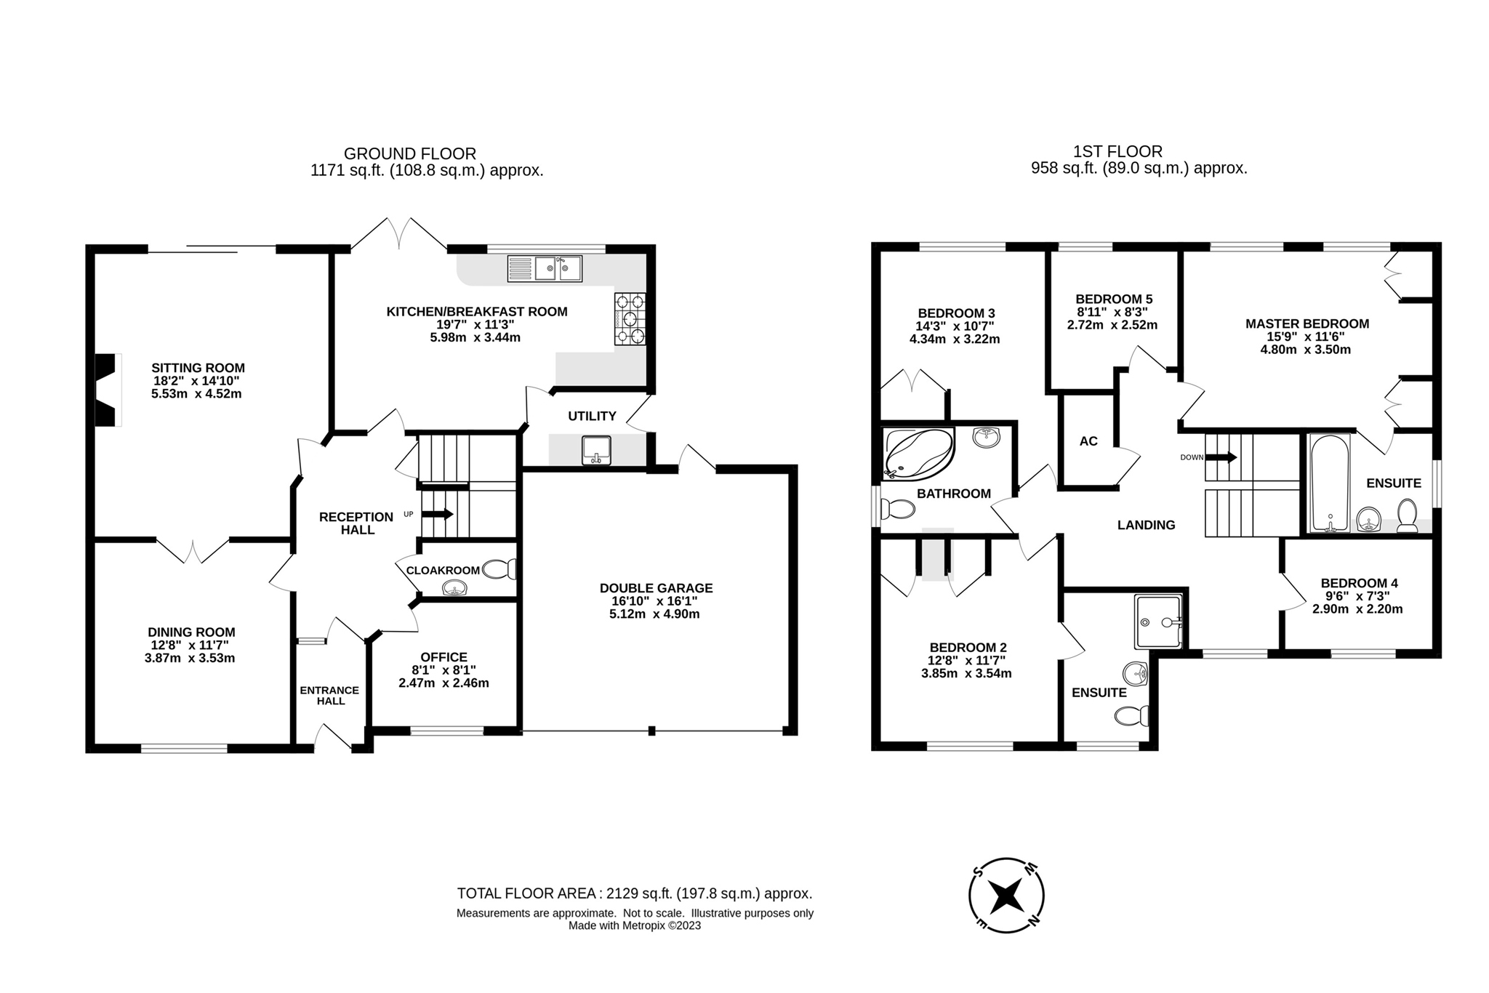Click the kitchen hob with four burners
(x=630, y=318)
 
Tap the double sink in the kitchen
(x=545, y=268)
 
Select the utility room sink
(x=596, y=451)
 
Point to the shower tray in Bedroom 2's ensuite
(x=1158, y=622)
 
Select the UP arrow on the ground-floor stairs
(x=437, y=514)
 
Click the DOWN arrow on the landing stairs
(x=1221, y=457)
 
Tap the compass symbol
(x=1007, y=895)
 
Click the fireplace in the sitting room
(x=107, y=390)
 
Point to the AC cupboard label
(x=1088, y=441)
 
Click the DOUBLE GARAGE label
(x=656, y=588)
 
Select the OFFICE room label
(x=444, y=657)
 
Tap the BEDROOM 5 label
(x=1114, y=299)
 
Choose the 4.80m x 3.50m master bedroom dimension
(x=1305, y=350)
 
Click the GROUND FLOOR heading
(x=409, y=153)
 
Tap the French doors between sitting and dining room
(x=193, y=550)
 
